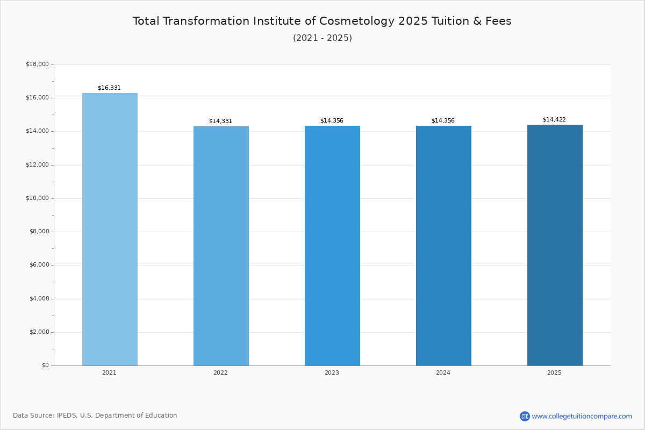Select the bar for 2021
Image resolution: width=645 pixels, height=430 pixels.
(110, 230)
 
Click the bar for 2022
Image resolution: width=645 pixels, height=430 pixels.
(221, 246)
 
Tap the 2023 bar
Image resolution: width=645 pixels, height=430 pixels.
(332, 246)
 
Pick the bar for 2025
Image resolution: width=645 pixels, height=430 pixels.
(555, 245)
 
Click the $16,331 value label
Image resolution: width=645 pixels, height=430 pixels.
(109, 88)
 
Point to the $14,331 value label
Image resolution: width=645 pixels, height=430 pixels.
(220, 121)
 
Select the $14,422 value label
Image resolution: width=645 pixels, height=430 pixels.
(554, 119)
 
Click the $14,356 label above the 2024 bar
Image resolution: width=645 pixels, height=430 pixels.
(443, 120)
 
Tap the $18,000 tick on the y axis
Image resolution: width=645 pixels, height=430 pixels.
(38, 64)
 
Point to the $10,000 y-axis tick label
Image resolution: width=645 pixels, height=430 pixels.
(38, 198)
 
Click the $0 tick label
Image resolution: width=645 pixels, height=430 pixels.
(46, 365)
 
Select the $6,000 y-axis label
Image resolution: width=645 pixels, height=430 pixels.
(39, 265)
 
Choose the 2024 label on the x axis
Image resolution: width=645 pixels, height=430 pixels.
(443, 372)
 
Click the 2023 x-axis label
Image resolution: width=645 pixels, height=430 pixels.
(332, 372)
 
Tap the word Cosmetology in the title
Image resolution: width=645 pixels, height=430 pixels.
(357, 21)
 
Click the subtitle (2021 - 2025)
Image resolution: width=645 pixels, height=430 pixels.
(322, 38)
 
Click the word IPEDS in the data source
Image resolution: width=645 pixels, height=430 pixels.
(67, 415)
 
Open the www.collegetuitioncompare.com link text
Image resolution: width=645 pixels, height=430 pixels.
(582, 416)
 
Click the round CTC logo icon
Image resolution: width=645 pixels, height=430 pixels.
(525, 416)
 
